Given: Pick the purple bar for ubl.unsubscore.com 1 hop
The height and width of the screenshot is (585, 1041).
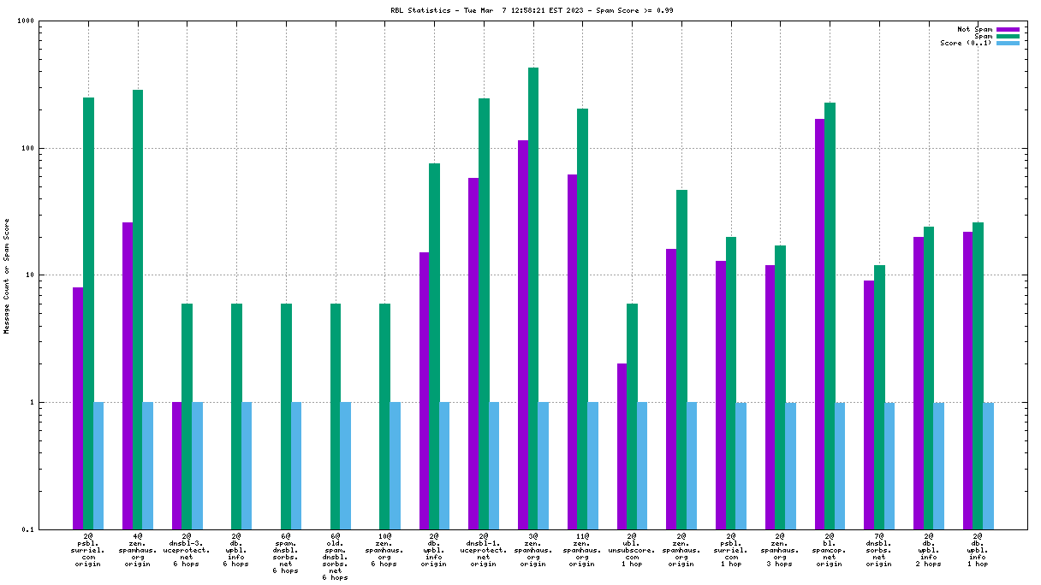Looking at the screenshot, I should coord(622,446).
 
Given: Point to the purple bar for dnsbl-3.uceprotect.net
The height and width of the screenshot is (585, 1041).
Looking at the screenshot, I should coord(177,465).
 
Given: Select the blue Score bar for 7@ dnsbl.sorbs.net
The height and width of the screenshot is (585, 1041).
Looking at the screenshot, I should coord(889,465).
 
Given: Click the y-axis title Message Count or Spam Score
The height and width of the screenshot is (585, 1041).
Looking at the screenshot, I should coord(7,275).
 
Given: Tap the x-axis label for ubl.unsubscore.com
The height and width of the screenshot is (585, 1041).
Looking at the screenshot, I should coord(632,550).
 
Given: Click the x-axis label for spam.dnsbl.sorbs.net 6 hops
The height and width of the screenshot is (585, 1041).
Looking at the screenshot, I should coord(286,553).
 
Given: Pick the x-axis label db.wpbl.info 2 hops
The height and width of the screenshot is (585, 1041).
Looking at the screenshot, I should coord(928,550).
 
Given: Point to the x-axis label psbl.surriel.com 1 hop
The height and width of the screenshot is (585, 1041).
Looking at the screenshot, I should coord(730,550).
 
